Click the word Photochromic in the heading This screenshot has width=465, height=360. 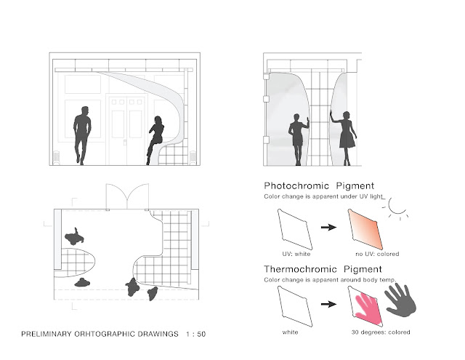296,186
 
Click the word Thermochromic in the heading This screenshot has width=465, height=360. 300,270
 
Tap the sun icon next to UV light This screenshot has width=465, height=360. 397,208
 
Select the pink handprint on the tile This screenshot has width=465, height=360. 368,308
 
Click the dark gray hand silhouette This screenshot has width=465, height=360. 401,301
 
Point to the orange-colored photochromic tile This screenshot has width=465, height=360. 365,230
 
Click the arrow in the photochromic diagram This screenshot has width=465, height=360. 328,228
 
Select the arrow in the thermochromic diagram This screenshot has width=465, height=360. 328,304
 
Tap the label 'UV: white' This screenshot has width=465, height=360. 296,254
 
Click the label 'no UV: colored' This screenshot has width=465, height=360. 377,254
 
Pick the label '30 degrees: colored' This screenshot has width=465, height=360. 381,332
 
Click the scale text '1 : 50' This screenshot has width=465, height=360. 195,334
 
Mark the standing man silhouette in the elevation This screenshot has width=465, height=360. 81,135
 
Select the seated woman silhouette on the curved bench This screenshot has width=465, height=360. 155,140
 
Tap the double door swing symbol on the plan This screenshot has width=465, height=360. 127,197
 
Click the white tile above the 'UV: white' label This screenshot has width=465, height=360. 295,230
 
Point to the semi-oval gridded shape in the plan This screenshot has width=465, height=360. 78,263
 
